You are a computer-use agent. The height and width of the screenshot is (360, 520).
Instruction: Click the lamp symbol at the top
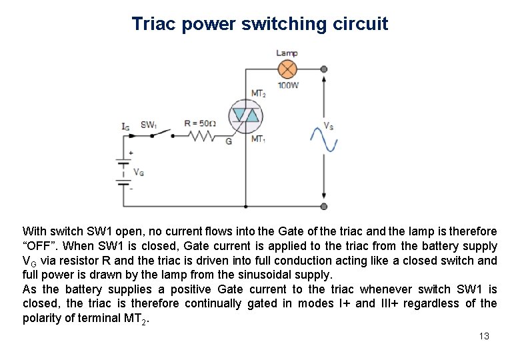coord(287,69)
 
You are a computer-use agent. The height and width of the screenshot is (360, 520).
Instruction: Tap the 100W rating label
coord(288,86)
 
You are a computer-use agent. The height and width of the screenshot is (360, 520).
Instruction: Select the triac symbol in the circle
coord(245,116)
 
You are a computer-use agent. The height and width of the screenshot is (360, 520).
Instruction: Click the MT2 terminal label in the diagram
coord(258,93)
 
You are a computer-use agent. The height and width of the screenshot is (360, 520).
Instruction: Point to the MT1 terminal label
coord(258,139)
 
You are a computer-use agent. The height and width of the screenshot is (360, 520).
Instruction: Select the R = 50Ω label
coord(200,123)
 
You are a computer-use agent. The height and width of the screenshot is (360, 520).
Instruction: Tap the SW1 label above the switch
coord(148,125)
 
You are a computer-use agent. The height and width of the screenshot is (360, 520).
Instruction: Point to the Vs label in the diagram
coord(329,125)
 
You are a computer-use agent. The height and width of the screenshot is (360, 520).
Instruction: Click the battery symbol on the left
coord(123,171)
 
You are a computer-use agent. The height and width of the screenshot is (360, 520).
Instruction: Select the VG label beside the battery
coord(139,172)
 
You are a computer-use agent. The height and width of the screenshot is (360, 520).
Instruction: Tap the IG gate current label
coord(125,125)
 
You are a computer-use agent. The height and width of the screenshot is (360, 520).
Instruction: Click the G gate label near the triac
coord(229,141)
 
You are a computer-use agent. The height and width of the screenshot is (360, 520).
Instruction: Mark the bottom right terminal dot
coord(324,207)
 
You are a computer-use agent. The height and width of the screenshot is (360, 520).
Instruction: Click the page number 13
coord(484,336)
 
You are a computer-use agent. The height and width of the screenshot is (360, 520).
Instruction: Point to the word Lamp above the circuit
coord(287,53)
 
